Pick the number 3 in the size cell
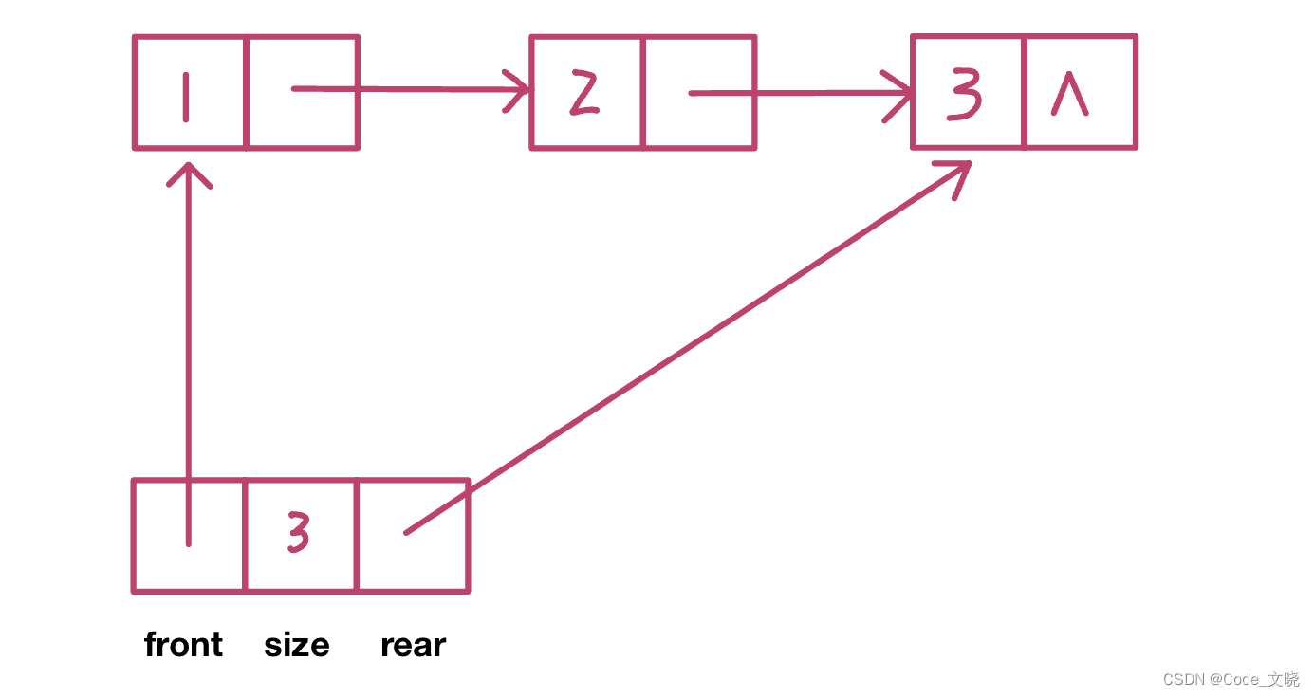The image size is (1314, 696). pos(299,535)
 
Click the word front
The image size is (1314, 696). pos(183,645)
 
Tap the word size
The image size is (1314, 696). pos(296,645)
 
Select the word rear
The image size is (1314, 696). pos(413,645)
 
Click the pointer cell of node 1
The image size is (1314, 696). pos(303,93)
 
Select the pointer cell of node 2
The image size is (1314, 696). pos(699,93)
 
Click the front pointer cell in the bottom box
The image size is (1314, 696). pos(190,536)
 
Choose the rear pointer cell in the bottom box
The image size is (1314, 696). pos(414,536)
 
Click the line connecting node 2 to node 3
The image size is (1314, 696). pos(797,93)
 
